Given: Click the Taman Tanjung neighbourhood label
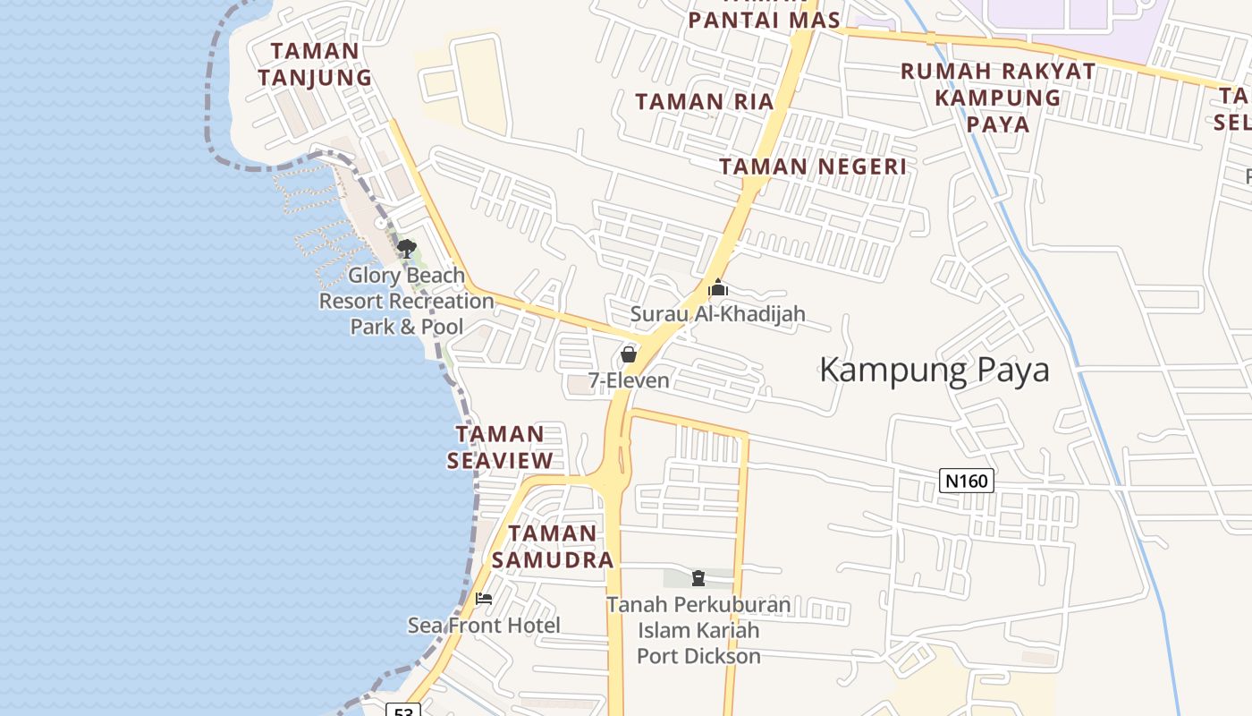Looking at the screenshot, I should (x=315, y=64).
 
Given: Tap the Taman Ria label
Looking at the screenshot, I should (x=705, y=102).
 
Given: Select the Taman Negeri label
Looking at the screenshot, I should (x=813, y=166).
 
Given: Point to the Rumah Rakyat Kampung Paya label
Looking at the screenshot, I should (x=998, y=97).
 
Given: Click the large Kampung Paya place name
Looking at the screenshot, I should (x=934, y=370).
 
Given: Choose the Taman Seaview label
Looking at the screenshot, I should (x=500, y=447).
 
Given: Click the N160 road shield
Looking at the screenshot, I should (x=967, y=482).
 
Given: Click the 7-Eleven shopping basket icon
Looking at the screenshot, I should (x=629, y=354).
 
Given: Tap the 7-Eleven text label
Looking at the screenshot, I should (x=629, y=380).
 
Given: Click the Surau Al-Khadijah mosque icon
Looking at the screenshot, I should (x=717, y=288).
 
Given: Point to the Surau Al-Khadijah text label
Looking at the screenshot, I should (x=717, y=314).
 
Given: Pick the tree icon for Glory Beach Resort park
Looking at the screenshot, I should (x=407, y=248).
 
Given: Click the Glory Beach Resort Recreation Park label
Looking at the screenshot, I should (x=407, y=301).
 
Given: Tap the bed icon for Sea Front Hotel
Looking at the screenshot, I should (x=484, y=599).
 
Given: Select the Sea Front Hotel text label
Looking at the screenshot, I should (x=484, y=625).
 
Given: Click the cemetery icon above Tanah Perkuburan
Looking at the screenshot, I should (x=698, y=578).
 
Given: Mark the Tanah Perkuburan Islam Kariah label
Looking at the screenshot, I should (x=698, y=630).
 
